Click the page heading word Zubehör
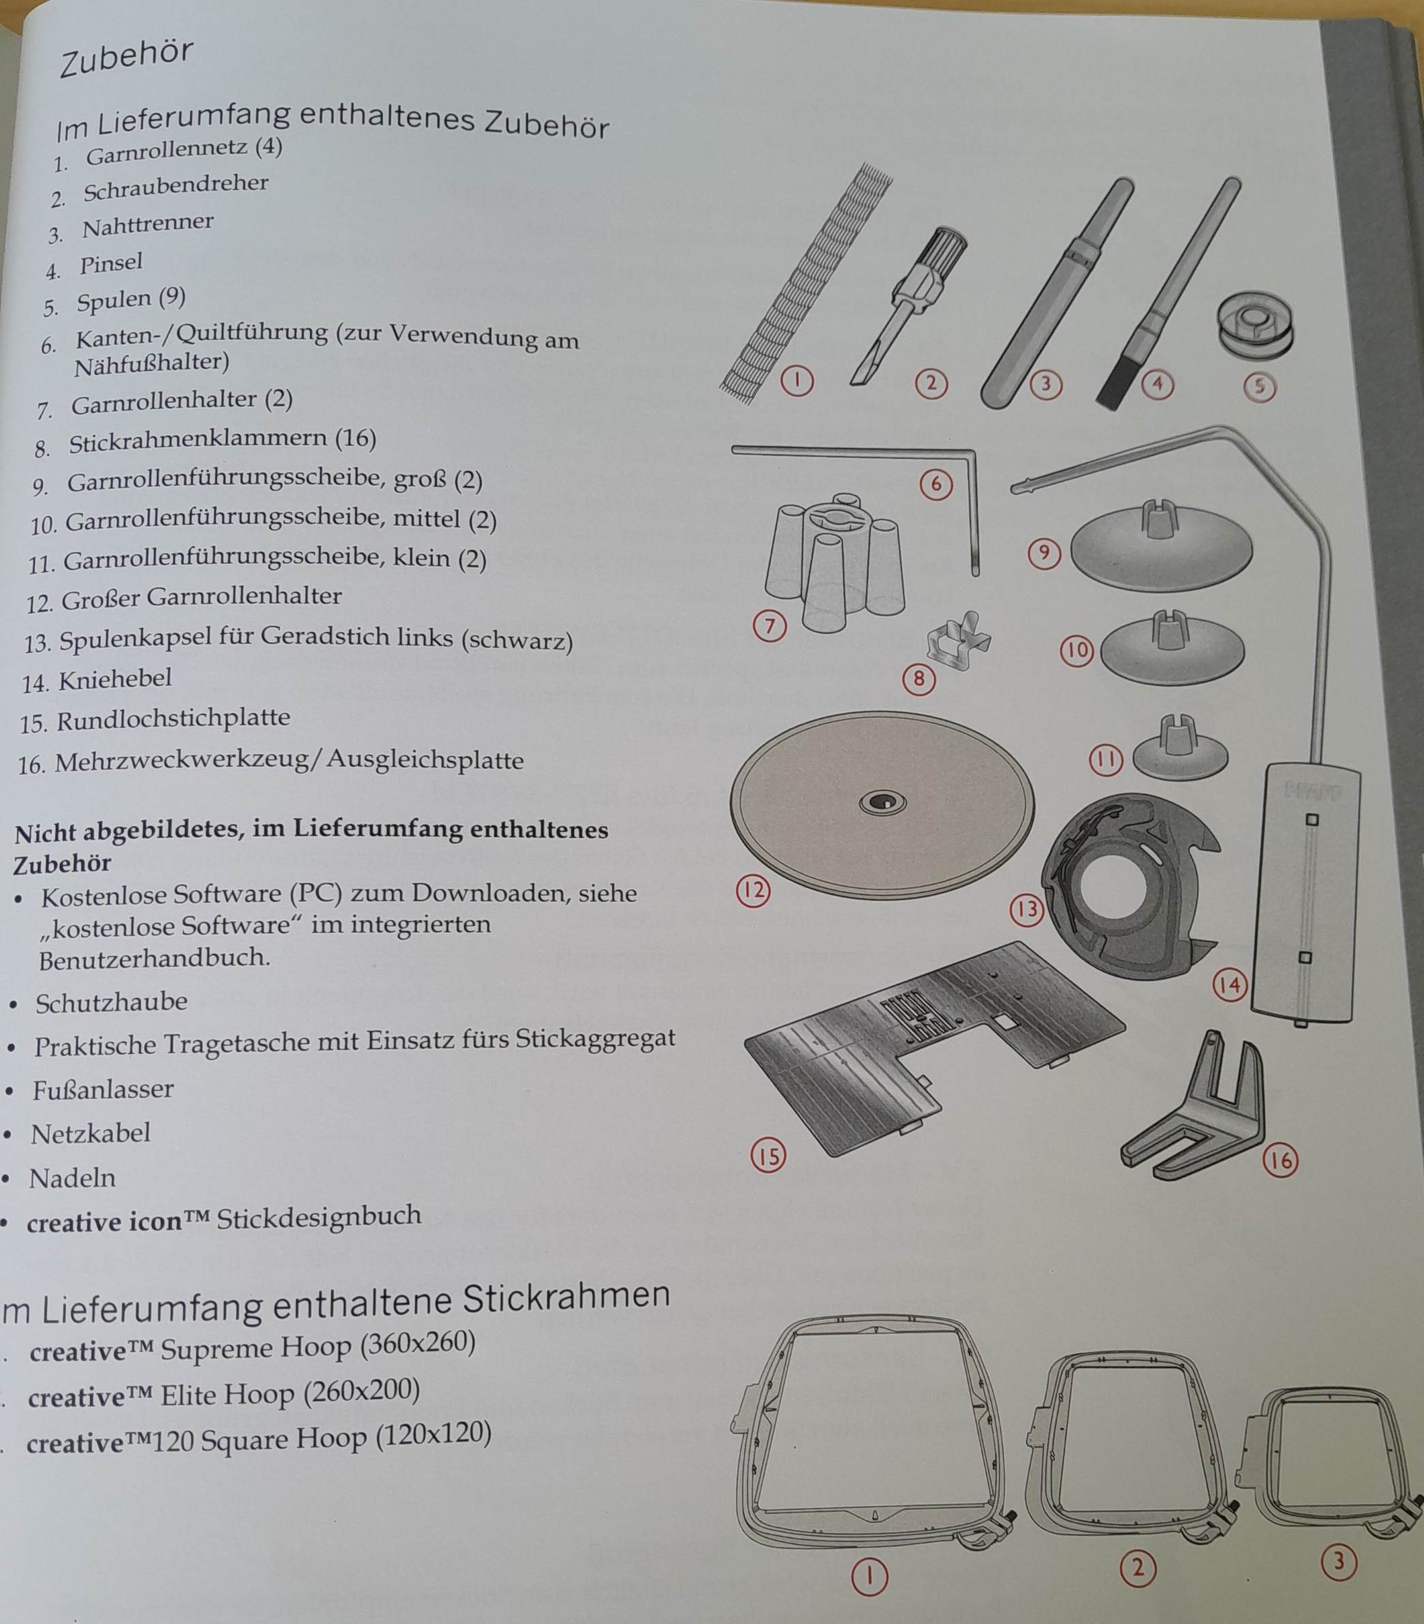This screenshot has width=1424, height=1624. [126, 59]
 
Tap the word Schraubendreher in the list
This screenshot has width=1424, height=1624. [176, 188]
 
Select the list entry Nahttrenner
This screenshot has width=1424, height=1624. [148, 226]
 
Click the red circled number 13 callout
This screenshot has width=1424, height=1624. [1025, 909]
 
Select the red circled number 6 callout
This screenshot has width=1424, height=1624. [935, 484]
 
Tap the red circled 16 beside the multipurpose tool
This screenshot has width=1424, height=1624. [1280, 1161]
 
